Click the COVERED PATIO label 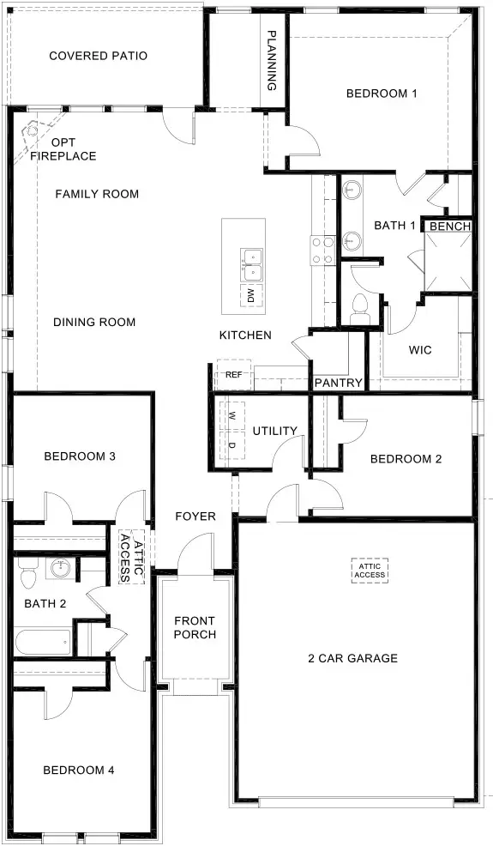click(98, 56)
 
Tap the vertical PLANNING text click(272, 61)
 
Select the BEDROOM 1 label click(381, 94)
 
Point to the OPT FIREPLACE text click(63, 149)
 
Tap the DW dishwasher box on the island click(251, 297)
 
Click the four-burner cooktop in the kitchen click(322, 251)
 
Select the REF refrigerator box click(233, 375)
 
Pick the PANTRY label click(339, 383)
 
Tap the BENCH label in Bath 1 click(450, 227)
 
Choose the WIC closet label click(420, 350)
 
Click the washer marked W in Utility click(232, 415)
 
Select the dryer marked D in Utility click(232, 444)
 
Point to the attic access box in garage click(370, 570)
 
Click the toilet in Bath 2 click(26, 569)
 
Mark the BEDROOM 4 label click(79, 770)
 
